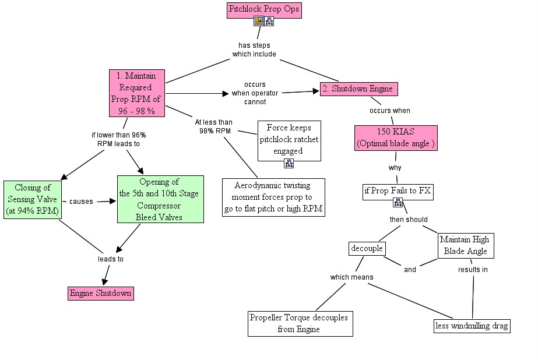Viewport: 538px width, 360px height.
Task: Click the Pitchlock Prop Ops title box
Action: click(x=264, y=10)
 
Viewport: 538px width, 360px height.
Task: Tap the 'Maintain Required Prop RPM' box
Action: click(x=137, y=93)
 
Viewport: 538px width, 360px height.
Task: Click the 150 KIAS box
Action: click(x=396, y=137)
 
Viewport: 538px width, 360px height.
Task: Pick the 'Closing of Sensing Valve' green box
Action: click(x=32, y=199)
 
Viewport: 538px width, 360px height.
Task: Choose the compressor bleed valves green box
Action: click(x=160, y=199)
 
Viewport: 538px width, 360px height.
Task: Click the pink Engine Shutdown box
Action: click(x=100, y=293)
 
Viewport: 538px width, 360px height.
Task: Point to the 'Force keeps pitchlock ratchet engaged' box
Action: click(x=289, y=140)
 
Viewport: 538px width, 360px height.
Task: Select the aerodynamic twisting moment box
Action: click(x=273, y=197)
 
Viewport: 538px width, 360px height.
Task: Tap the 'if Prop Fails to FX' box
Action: click(x=398, y=191)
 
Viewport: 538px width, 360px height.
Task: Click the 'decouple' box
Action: click(x=367, y=249)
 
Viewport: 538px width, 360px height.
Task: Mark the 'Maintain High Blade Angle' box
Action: click(x=465, y=246)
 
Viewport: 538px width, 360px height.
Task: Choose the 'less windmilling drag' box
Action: click(x=472, y=326)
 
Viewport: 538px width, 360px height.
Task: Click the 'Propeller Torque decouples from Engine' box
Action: click(x=300, y=323)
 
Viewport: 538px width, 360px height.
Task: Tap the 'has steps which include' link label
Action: click(x=254, y=50)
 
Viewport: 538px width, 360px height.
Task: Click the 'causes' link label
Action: click(x=81, y=202)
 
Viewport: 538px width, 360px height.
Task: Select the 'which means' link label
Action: click(x=351, y=277)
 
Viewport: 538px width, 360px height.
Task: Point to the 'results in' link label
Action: click(x=473, y=270)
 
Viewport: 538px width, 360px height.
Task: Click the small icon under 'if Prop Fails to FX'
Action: click(x=398, y=203)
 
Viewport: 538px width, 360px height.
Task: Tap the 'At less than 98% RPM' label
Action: click(x=213, y=126)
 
